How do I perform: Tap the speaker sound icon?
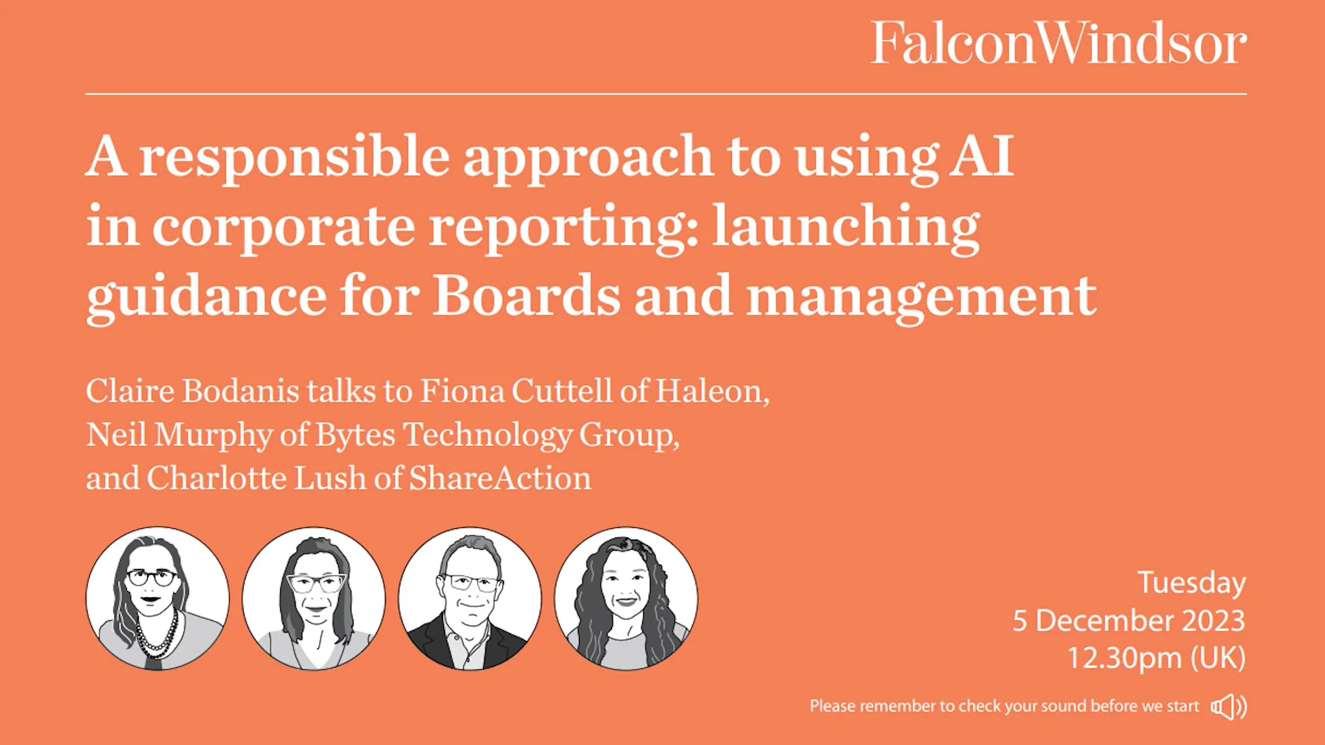[1228, 706]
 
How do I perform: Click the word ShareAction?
[500, 478]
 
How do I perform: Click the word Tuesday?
[1191, 584]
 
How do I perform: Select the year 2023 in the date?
[1213, 621]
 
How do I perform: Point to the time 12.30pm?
[1125, 658]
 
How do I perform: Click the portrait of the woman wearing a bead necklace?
[157, 599]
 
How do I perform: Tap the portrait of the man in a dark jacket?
[470, 599]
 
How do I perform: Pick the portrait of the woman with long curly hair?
[626, 599]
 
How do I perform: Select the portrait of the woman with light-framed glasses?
[313, 599]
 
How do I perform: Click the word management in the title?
[921, 297]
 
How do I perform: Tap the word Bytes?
[355, 435]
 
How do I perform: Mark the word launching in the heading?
[845, 226]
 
